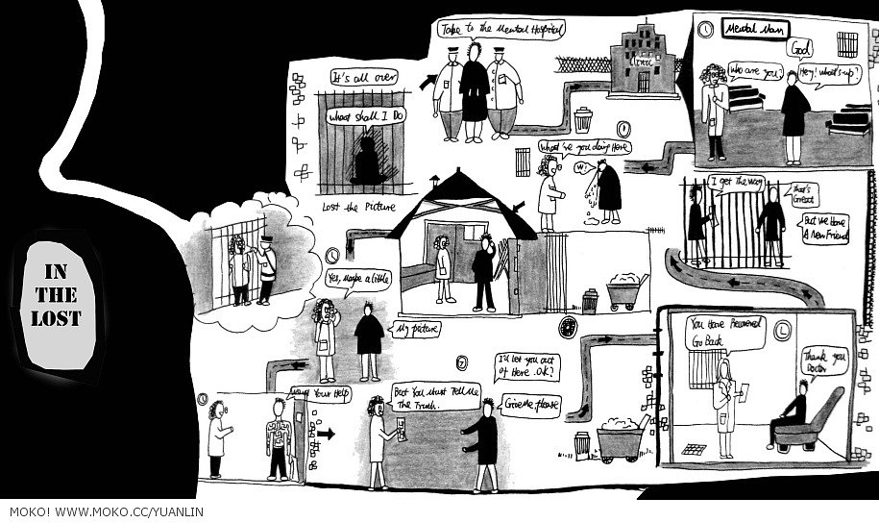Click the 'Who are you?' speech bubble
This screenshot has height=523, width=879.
(x=752, y=70)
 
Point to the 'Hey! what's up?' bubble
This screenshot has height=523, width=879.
(x=818, y=72)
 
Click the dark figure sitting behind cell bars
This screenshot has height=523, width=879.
(x=366, y=160)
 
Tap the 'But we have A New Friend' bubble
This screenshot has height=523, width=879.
(x=825, y=227)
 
